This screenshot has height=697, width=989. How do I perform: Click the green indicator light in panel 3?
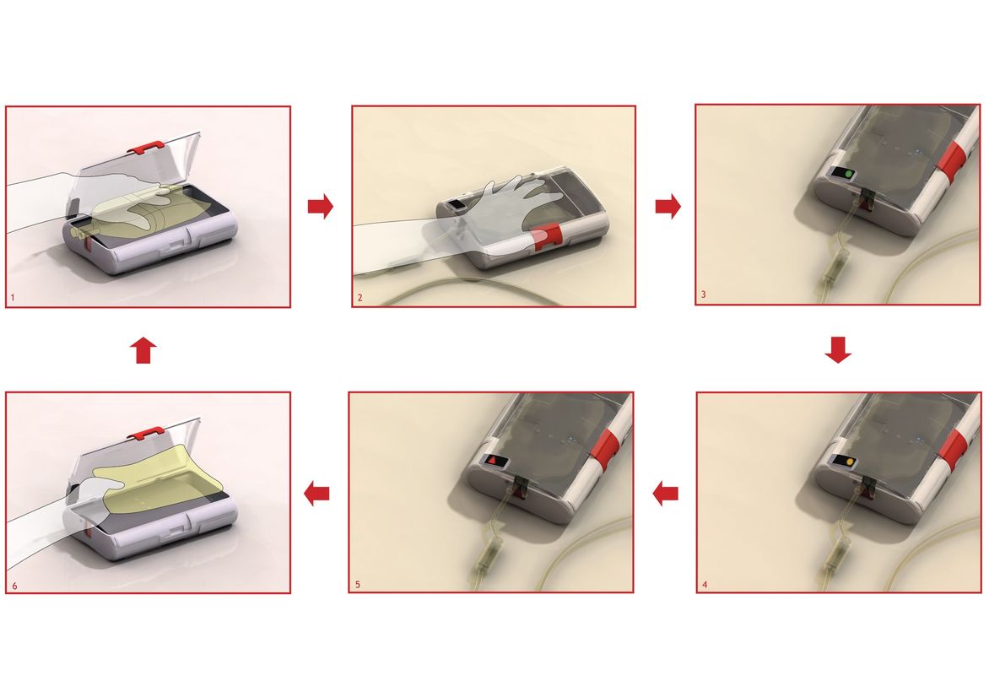tap(848, 173)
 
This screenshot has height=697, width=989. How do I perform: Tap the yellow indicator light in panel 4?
tap(850, 462)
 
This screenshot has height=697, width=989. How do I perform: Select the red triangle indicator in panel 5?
tap(492, 462)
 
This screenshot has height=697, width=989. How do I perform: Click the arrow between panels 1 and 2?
tap(321, 206)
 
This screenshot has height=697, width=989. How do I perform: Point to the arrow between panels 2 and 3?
tap(668, 206)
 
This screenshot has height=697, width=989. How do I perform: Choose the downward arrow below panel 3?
tap(838, 350)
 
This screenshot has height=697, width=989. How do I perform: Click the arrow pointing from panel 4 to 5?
tap(666, 493)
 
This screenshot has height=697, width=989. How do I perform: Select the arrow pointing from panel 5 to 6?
tap(316, 493)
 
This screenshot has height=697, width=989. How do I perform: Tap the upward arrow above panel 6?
tap(143, 350)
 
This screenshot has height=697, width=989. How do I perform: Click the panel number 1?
tap(12, 296)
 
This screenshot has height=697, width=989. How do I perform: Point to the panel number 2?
tap(359, 297)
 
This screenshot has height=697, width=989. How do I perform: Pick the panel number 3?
tap(704, 294)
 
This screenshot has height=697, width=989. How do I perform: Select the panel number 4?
tap(705, 585)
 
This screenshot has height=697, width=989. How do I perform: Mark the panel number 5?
tap(357, 585)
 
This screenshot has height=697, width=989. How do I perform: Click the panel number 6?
tap(14, 586)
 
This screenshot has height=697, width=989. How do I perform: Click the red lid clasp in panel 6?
tap(146, 434)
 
